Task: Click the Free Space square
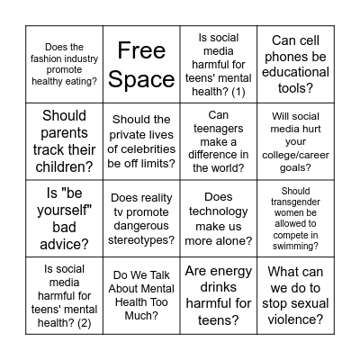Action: click(x=141, y=64)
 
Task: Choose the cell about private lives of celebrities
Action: click(x=141, y=141)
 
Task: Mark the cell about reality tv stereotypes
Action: click(x=141, y=219)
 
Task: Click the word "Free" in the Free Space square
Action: click(x=141, y=49)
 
